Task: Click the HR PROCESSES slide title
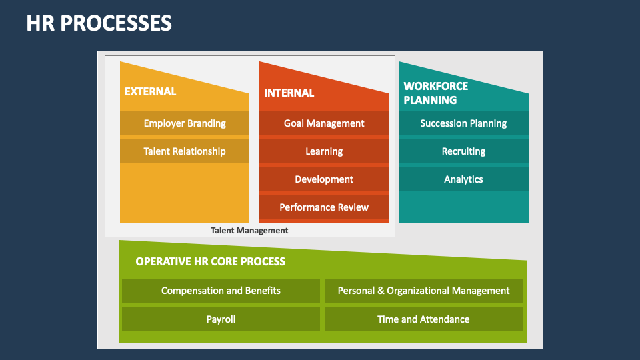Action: [99, 23]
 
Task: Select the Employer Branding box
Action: [185, 123]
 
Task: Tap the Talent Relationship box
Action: [185, 151]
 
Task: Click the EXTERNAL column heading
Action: [151, 91]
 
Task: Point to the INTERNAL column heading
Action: [289, 93]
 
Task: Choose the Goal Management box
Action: [324, 123]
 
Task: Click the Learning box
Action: [324, 151]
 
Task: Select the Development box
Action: [324, 179]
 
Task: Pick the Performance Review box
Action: [324, 207]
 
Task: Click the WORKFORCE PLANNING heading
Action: [436, 93]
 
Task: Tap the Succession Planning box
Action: [463, 123]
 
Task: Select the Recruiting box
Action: [463, 151]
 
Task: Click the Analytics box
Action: [463, 179]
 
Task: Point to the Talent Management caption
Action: [249, 230]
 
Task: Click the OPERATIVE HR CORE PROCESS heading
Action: [210, 261]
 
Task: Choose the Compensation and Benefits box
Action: [221, 291]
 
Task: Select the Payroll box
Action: [221, 319]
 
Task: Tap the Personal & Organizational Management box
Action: [423, 291]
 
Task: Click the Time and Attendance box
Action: [423, 319]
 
